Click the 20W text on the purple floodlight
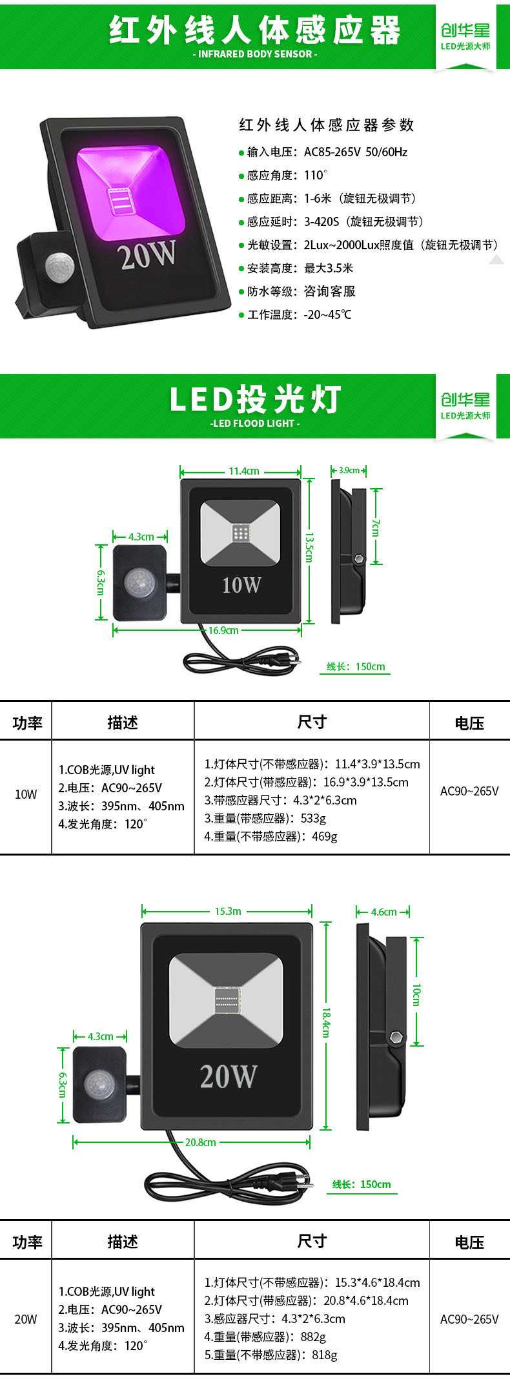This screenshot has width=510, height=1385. click(x=147, y=255)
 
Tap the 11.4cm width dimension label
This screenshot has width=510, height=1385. click(x=244, y=471)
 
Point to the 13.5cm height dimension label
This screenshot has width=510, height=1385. click(x=309, y=547)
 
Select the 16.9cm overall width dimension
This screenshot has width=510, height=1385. click(x=223, y=630)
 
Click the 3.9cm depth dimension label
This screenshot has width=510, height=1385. click(x=349, y=471)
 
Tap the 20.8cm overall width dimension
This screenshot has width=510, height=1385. click(x=200, y=1142)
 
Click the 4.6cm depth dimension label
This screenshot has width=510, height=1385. click(x=383, y=912)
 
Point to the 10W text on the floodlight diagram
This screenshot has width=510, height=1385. click(x=241, y=585)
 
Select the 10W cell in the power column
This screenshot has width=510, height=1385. click(x=26, y=794)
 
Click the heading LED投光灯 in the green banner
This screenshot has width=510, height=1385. click(x=255, y=400)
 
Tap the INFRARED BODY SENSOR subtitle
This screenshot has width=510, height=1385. click(x=255, y=54)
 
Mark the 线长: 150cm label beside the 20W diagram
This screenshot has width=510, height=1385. click(x=362, y=1184)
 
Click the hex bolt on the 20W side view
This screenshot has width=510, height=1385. click(x=396, y=1037)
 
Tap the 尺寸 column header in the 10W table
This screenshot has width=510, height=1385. click(x=312, y=722)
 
